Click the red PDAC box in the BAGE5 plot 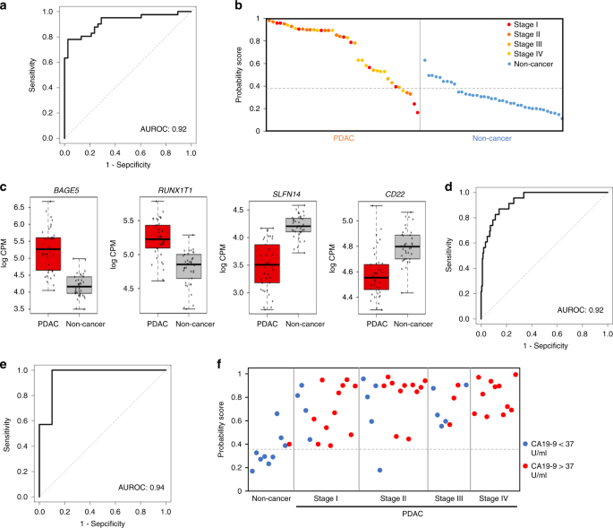click(47, 254)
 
